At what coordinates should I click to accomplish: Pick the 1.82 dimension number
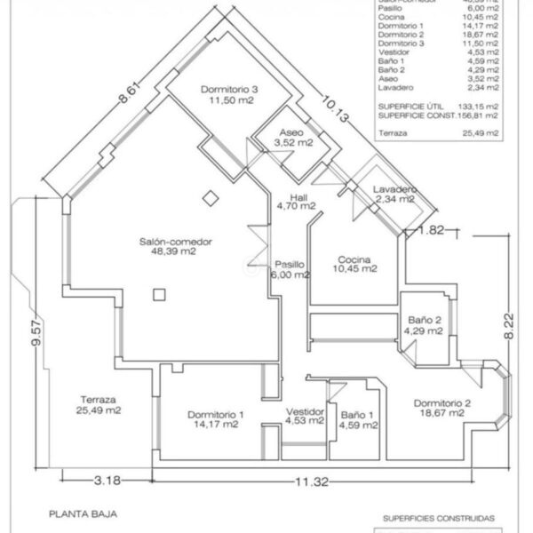(x=430, y=230)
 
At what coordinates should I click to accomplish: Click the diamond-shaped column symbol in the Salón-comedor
(x=209, y=196)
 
